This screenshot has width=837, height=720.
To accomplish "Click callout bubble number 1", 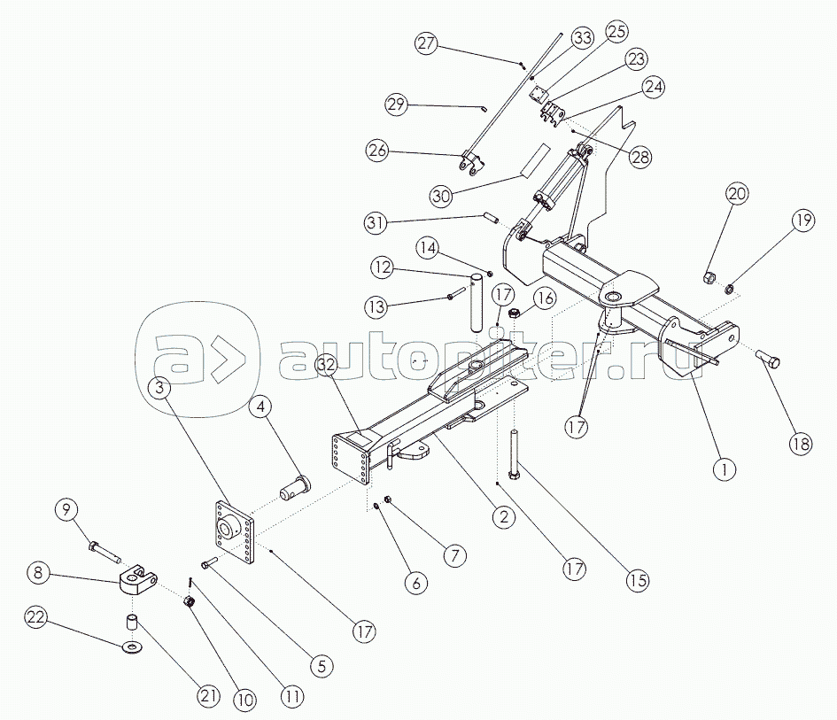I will (724, 468).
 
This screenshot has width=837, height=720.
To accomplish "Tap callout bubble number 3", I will (160, 387).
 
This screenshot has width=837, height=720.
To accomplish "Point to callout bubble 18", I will (801, 444).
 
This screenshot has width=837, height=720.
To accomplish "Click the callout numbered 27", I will (427, 43).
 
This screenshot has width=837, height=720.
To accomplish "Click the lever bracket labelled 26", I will (469, 165).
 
